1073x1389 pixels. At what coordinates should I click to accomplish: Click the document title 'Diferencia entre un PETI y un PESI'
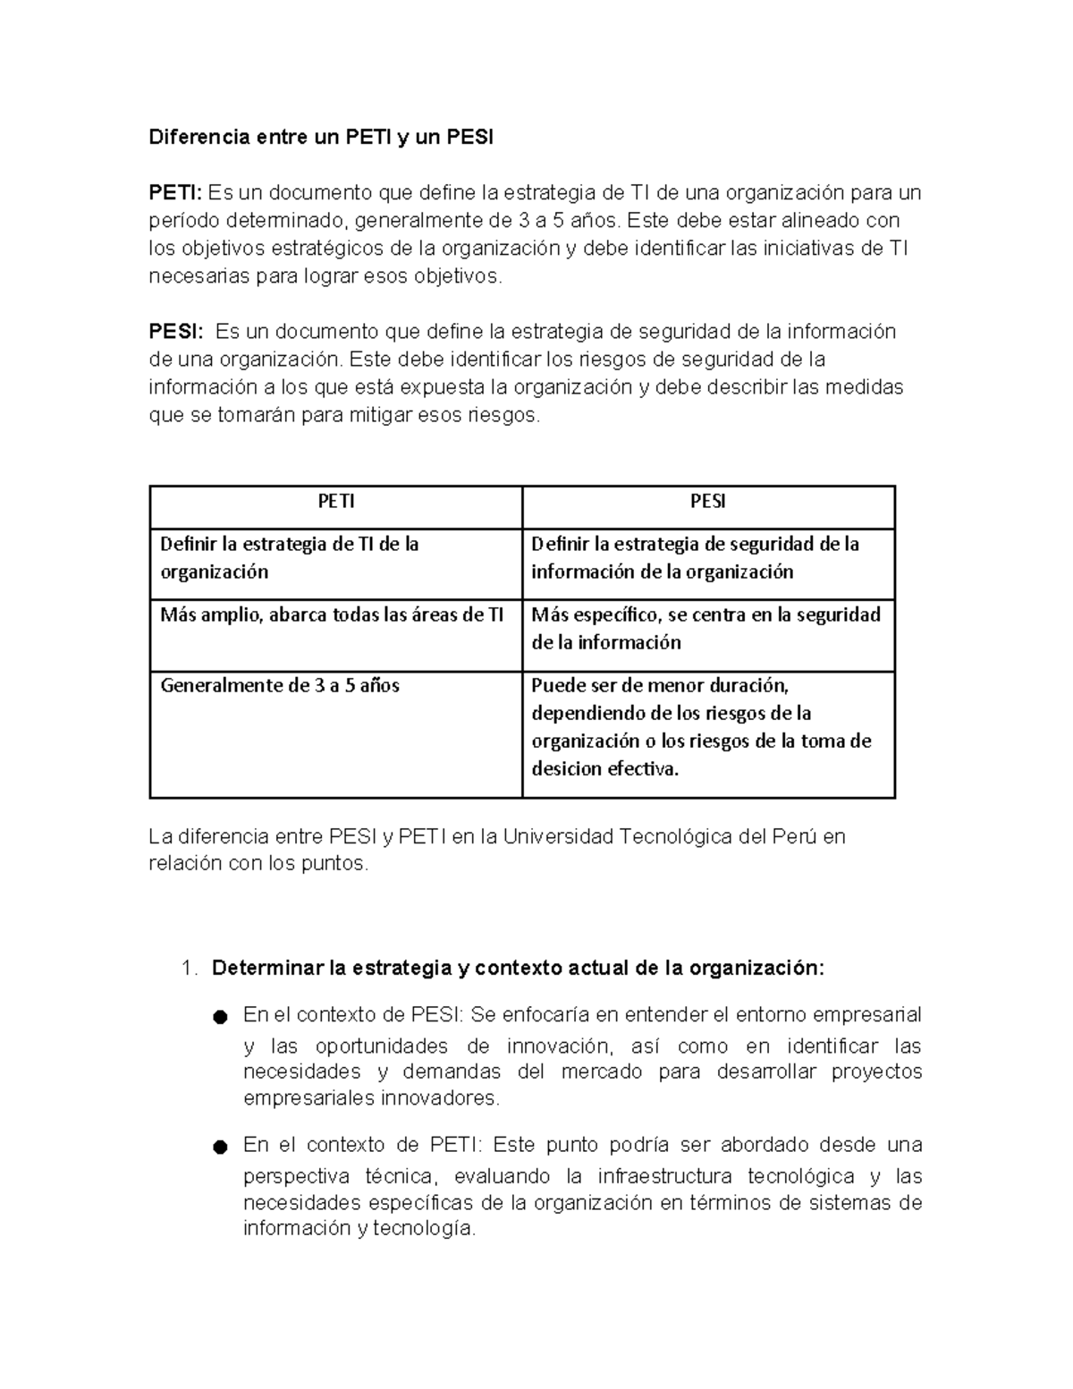(x=320, y=138)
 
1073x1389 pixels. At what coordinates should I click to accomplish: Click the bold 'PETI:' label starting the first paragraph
(x=175, y=193)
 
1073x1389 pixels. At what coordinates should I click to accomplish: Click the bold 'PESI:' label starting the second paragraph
(x=175, y=332)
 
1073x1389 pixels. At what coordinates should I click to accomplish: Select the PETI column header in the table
(x=336, y=502)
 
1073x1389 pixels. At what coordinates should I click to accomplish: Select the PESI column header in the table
(x=707, y=502)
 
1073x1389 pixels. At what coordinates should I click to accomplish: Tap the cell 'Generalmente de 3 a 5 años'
(x=280, y=686)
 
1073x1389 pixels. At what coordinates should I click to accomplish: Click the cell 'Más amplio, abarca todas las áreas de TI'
(x=332, y=614)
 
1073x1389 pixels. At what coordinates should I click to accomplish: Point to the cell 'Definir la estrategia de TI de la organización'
(x=289, y=557)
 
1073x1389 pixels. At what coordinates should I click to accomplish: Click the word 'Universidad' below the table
(x=557, y=837)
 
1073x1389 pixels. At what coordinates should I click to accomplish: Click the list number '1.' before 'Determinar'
(x=187, y=969)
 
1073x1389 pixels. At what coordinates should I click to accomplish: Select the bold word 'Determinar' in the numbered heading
(x=266, y=969)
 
